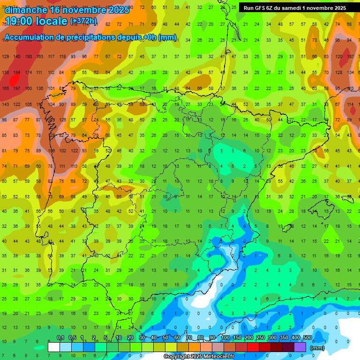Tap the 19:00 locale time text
[x=35, y=21]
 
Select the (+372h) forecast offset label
[x=83, y=21]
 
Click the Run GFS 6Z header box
[x=295, y=8]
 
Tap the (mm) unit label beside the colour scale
[x=317, y=348]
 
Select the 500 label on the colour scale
[x=307, y=338]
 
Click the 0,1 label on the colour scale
[x=60, y=338]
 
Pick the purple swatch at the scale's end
[x=300, y=347]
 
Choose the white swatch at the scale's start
[x=54, y=347]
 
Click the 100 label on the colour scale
[x=225, y=338]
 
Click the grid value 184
[x=17, y=73]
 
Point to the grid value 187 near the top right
[x=350, y=57]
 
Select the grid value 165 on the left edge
[x=5, y=89]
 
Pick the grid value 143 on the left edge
[x=5, y=105]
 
